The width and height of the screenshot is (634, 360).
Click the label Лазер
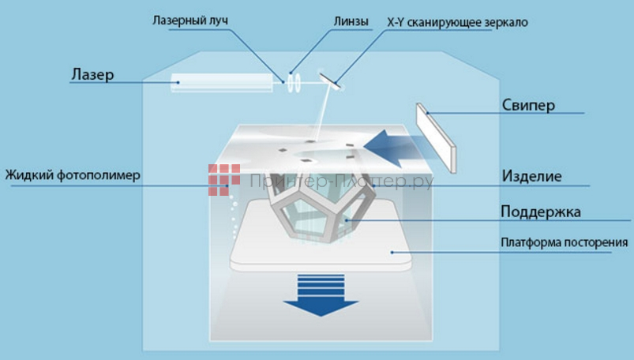pos(92,75)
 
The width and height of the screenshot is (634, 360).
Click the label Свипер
pos(528,105)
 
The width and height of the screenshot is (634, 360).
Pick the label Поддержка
pos(541,212)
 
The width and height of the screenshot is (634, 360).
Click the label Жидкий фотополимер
pos(73,174)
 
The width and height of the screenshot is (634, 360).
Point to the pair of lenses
pos(294,81)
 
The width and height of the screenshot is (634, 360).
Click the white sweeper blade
pos(441,138)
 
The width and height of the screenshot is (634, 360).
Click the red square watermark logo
pos(223,180)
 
